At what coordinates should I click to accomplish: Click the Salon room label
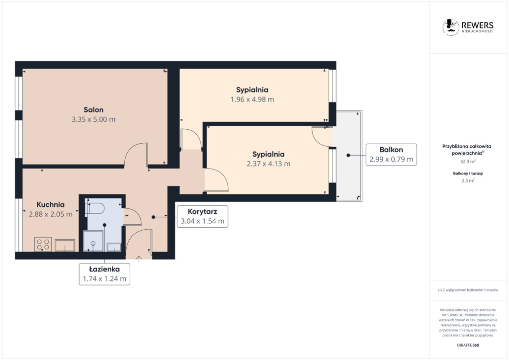pos(93,110)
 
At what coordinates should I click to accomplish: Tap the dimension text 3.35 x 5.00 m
pos(93,119)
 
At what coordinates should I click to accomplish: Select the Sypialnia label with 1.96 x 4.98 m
pos(252,90)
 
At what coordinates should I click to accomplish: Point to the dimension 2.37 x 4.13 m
pos(268,164)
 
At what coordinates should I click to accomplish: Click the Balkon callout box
pos(391,155)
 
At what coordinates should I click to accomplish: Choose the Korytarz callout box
pos(202,216)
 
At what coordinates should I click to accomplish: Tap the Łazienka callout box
pos(104,274)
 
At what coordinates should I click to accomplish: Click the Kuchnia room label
pos(50,204)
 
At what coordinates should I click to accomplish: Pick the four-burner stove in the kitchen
pos(43,245)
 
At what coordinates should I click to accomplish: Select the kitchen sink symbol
pos(65,246)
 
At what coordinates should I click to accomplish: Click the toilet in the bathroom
pos(94,208)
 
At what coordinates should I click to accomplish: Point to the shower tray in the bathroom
pos(93,241)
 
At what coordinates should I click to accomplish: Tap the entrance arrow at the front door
pos(139,259)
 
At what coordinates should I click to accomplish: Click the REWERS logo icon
pos(450,27)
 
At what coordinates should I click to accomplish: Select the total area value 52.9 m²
pos(468,161)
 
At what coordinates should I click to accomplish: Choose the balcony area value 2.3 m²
pos(468,181)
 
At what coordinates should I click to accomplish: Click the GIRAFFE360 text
pos(468,345)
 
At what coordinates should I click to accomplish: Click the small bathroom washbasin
pos(114,247)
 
